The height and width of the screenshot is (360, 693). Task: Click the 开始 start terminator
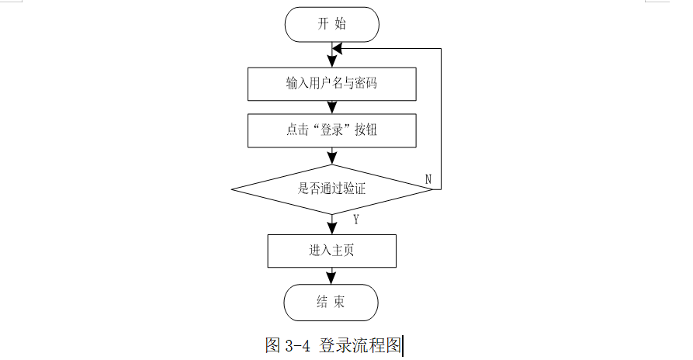point(332,24)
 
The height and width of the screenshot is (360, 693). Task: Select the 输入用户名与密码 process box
point(332,84)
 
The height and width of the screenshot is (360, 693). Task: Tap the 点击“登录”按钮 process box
point(332,130)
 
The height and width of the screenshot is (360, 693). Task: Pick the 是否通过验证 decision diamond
point(332,189)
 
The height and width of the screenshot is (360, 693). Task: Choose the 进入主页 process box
point(332,251)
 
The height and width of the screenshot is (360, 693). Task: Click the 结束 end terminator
point(331,303)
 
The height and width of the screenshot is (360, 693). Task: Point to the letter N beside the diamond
point(428,179)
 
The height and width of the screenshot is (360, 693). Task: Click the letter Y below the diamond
point(356,219)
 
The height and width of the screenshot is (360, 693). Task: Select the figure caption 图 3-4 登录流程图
point(334,345)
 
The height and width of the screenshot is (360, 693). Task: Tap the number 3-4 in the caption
point(298,345)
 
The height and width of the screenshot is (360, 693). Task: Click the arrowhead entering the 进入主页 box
point(332,228)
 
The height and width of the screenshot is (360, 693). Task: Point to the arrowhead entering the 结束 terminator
point(331,279)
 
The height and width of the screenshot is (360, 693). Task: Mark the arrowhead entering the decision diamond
point(332,158)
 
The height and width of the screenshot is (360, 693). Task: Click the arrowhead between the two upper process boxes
point(332,107)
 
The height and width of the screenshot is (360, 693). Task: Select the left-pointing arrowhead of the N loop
point(338,49)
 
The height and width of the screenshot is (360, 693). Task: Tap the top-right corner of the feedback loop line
point(441,49)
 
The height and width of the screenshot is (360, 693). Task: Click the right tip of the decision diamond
point(432,189)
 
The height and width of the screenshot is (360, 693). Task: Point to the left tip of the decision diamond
point(231,189)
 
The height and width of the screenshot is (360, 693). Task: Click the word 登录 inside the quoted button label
point(332,130)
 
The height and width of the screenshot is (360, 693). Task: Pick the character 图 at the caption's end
point(393,345)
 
